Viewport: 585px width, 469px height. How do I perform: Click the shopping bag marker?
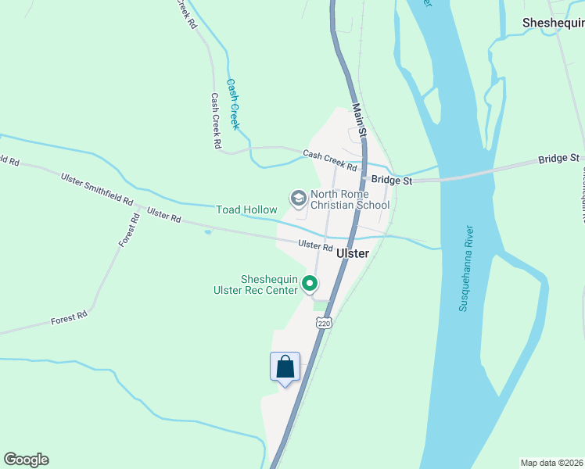click(285, 367)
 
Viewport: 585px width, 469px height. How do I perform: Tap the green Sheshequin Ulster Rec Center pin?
click(310, 283)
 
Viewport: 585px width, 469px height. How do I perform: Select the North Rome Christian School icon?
click(298, 199)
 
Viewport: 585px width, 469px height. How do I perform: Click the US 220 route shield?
click(325, 322)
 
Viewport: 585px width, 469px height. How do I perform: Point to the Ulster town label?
click(352, 254)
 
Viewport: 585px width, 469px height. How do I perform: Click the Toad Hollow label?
click(246, 209)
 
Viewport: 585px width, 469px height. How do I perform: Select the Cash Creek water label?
click(232, 103)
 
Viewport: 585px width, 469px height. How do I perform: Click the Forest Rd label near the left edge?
click(69, 319)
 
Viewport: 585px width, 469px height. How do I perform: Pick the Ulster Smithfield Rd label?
click(97, 188)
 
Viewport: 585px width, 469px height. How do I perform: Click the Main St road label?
click(359, 122)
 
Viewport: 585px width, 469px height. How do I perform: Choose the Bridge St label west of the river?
click(392, 180)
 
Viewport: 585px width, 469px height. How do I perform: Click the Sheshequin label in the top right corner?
click(553, 23)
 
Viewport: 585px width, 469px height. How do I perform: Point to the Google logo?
click(26, 460)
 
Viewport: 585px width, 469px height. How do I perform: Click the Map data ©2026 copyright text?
click(552, 462)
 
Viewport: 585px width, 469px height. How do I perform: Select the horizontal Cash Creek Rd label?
click(330, 161)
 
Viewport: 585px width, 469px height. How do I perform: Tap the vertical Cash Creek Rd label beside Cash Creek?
click(216, 121)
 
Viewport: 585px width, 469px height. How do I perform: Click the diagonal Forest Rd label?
click(129, 231)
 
